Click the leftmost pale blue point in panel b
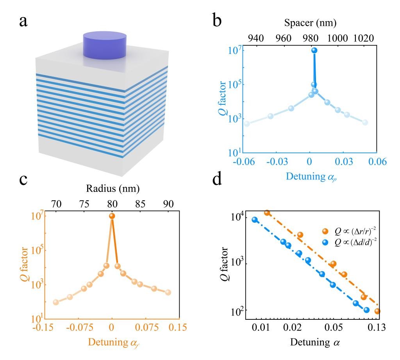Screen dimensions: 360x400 (247, 124)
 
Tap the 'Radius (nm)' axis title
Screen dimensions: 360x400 (112, 189)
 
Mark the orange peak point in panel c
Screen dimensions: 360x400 (112, 216)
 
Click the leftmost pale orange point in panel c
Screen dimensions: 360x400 (56, 302)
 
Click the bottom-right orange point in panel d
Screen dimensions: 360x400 (377, 311)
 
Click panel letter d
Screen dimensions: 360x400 (218, 190)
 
